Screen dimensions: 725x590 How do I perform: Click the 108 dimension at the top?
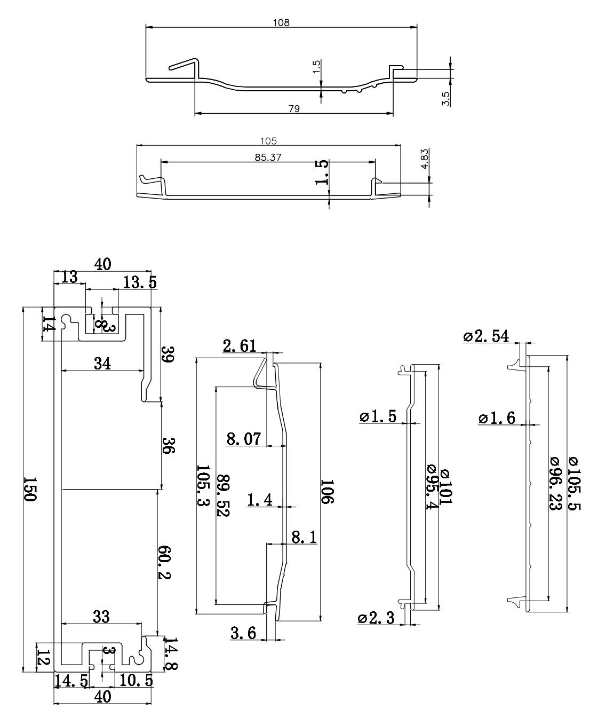[281, 22]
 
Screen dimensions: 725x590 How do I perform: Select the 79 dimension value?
[294, 108]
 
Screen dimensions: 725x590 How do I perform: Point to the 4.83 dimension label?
[425, 159]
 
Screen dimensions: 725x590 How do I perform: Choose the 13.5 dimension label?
[140, 282]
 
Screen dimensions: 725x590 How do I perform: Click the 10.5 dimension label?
[136, 680]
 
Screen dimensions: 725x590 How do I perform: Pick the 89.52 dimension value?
[224, 495]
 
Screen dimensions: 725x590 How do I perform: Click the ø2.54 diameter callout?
[486, 336]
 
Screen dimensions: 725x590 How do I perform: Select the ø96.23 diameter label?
[554, 484]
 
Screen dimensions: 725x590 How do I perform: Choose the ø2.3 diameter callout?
[376, 618]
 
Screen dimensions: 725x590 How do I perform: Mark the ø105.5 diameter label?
[575, 484]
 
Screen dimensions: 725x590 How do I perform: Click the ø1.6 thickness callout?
[496, 418]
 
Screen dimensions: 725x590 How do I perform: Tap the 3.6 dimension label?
[243, 633]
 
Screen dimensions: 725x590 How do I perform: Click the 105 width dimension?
[268, 141]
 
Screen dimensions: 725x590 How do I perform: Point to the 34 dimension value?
[102, 364]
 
